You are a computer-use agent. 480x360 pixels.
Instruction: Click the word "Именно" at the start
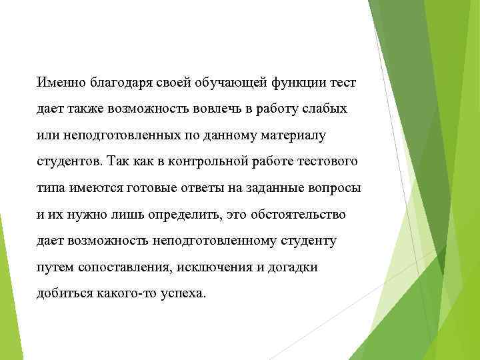click(59, 83)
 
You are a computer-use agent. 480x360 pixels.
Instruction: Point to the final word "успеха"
click(184, 293)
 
